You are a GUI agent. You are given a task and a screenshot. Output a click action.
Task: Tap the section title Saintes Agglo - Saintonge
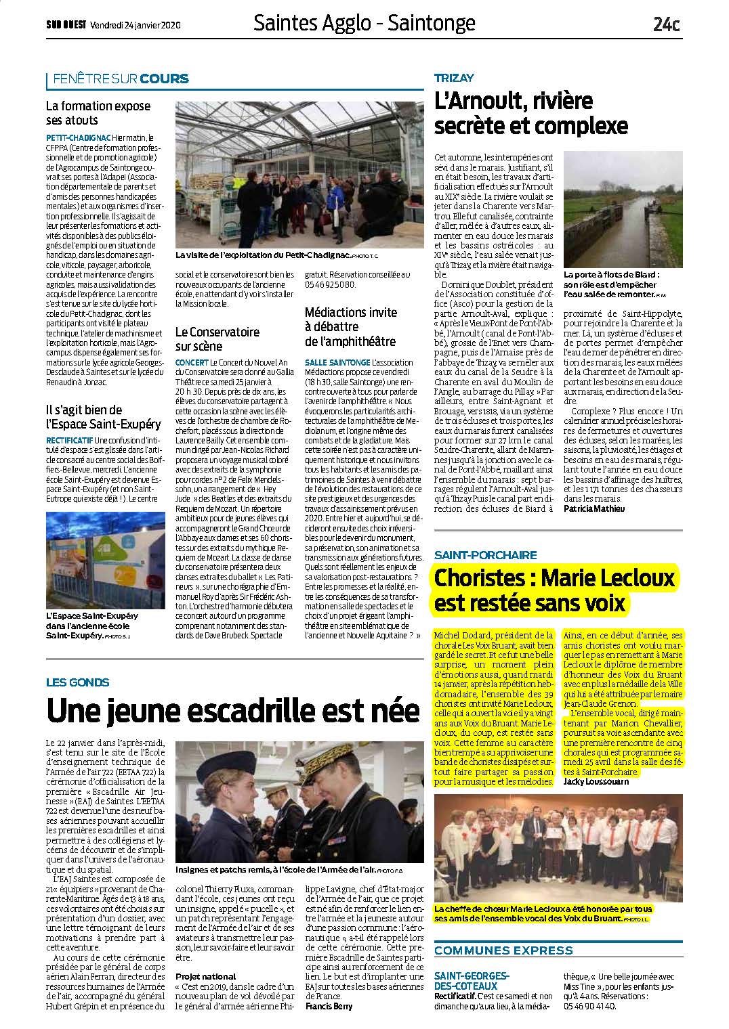click(x=364, y=24)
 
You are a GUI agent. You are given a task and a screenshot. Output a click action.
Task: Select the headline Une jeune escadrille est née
click(x=233, y=710)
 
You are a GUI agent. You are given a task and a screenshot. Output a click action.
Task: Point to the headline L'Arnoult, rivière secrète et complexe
click(x=531, y=113)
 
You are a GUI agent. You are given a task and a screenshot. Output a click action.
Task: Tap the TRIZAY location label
click(x=454, y=78)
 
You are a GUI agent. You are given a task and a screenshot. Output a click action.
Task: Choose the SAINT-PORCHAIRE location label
click(x=485, y=555)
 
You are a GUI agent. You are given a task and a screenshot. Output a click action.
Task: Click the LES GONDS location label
click(x=77, y=682)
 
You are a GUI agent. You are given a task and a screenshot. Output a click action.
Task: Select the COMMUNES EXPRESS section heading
click(x=503, y=950)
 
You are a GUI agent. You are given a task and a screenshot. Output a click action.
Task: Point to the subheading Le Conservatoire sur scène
click(x=217, y=339)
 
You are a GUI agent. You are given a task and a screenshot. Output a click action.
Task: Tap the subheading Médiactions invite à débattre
click(x=350, y=327)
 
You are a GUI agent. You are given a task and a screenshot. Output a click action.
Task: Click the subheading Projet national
click(x=205, y=976)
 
